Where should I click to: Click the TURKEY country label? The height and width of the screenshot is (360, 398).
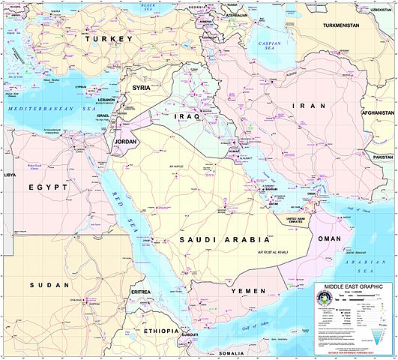[x=109, y=38]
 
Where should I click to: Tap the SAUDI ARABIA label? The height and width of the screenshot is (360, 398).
[x=223, y=240]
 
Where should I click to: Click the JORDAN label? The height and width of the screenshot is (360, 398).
[x=126, y=141]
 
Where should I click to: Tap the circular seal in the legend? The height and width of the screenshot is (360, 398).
[x=328, y=301]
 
